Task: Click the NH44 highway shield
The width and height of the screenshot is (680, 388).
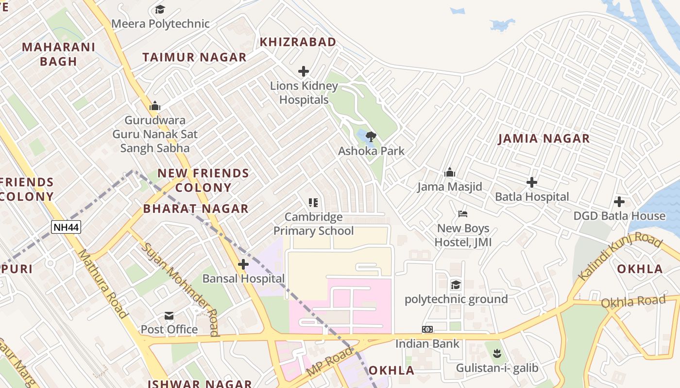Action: click(66, 226)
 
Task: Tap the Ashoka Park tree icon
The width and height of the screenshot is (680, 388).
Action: click(371, 136)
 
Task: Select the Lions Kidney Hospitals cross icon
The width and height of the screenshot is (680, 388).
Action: click(304, 71)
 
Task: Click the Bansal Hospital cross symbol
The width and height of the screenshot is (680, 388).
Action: click(243, 264)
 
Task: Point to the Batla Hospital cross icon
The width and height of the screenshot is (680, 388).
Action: click(532, 182)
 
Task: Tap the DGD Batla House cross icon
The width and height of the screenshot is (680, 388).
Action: click(619, 201)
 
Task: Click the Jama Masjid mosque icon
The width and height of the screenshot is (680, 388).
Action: click(450, 172)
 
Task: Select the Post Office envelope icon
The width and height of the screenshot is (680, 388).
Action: click(169, 316)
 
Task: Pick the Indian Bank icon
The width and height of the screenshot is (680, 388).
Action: click(427, 329)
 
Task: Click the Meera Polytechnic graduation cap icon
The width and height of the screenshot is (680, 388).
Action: click(160, 9)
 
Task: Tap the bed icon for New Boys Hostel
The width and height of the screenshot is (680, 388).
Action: click(463, 214)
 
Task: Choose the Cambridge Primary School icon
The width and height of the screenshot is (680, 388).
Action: click(313, 202)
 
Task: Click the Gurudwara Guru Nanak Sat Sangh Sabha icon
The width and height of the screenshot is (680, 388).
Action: click(155, 105)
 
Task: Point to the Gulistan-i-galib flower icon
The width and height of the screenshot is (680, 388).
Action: click(496, 354)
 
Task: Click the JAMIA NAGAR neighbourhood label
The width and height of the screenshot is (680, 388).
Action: click(544, 139)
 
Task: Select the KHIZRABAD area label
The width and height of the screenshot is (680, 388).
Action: click(298, 42)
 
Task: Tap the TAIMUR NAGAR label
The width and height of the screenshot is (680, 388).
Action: click(194, 57)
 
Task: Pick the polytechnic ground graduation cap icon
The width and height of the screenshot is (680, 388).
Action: click(456, 284)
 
